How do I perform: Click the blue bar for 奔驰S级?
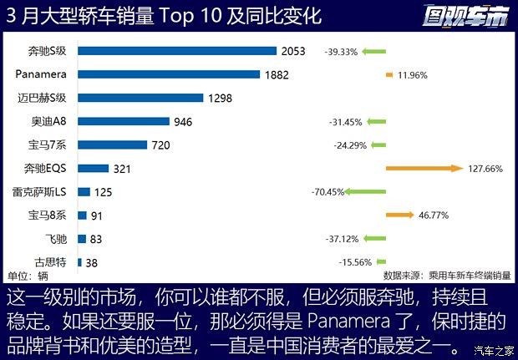tap(176, 51)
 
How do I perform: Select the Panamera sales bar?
tap(169, 74)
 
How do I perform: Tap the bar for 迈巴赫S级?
tap(140, 98)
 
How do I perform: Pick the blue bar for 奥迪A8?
tap(123, 122)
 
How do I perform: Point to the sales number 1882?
tap(276, 74)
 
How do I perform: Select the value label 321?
tap(123, 169)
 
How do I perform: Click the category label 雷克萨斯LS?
tap(42, 192)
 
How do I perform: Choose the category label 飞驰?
tap(58, 239)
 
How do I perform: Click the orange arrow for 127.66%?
tap(424, 168)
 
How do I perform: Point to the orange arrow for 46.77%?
tap(399, 215)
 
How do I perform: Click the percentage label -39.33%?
tap(341, 51)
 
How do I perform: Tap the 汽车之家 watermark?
tap(494, 349)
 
